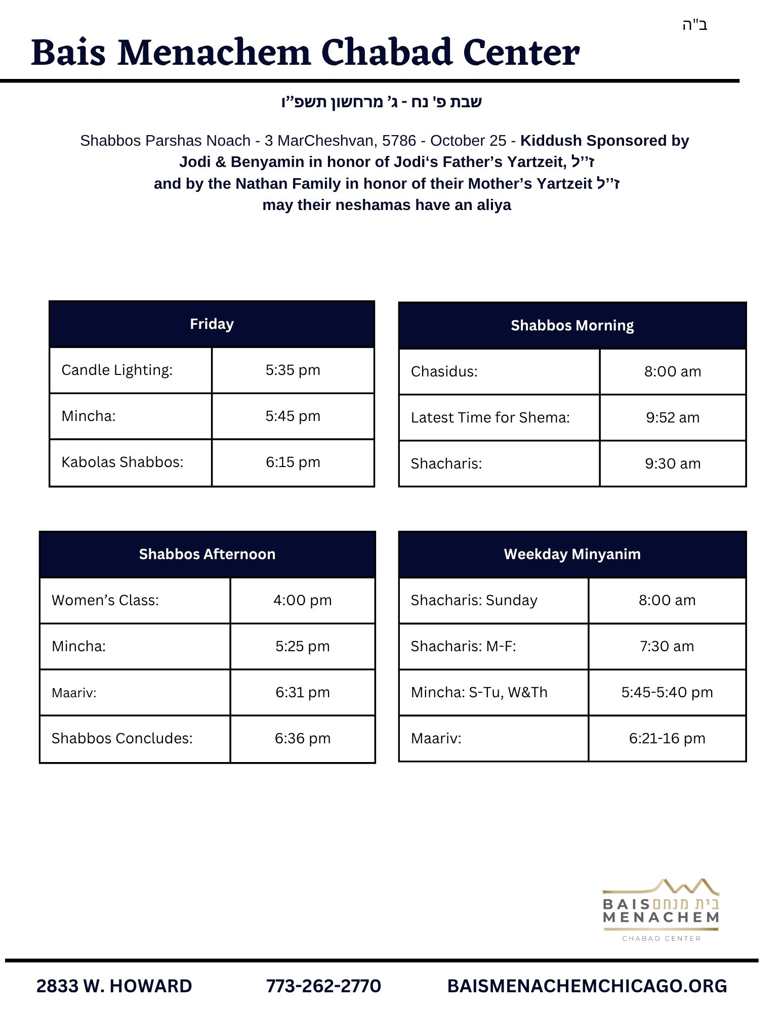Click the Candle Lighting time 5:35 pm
coord(293,370)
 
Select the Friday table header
coord(212,324)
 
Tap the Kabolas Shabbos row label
coord(122,462)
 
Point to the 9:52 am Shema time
coord(672,417)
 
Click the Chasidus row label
coord(444,371)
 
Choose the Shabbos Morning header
coord(572,325)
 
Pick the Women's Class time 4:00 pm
coord(302,600)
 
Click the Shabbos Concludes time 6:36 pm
coord(302,738)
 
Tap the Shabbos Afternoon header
coord(207,554)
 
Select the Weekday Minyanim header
coord(572,554)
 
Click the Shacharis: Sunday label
coord(474,600)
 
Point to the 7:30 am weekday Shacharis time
coord(667,646)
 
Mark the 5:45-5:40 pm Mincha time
coord(667,692)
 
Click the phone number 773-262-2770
coord(323,986)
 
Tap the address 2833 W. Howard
coord(114,986)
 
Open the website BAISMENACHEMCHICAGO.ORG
coord(587,986)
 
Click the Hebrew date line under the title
coord(381,102)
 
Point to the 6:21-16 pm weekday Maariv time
coord(667,738)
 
